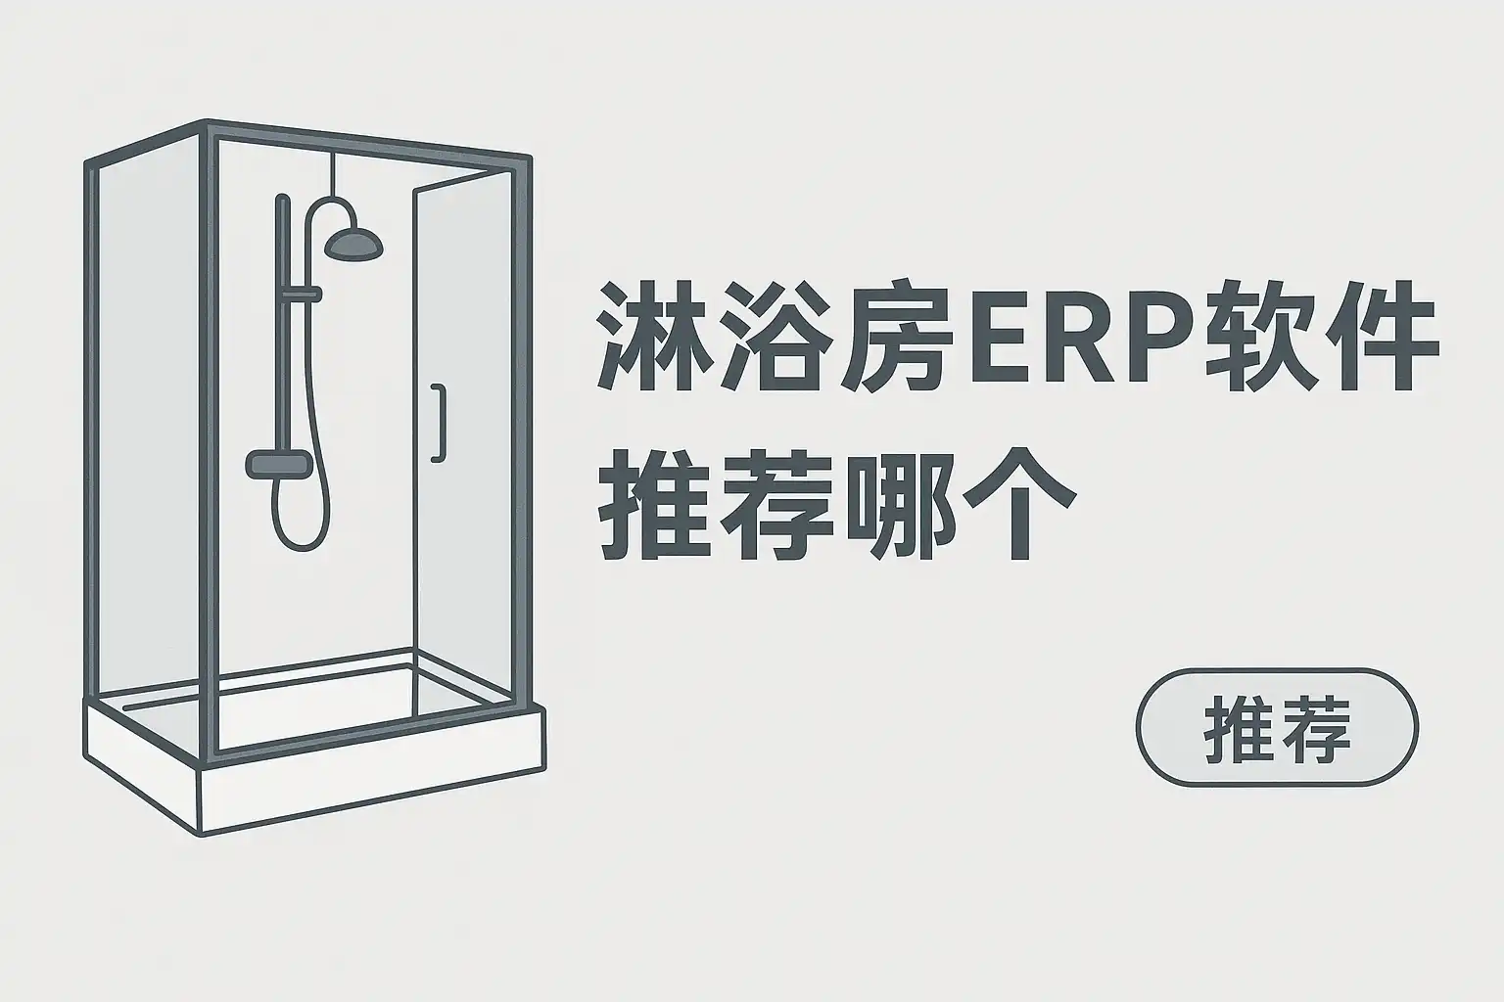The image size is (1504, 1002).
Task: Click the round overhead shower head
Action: click(352, 244)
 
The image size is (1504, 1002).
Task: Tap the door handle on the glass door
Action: click(438, 422)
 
